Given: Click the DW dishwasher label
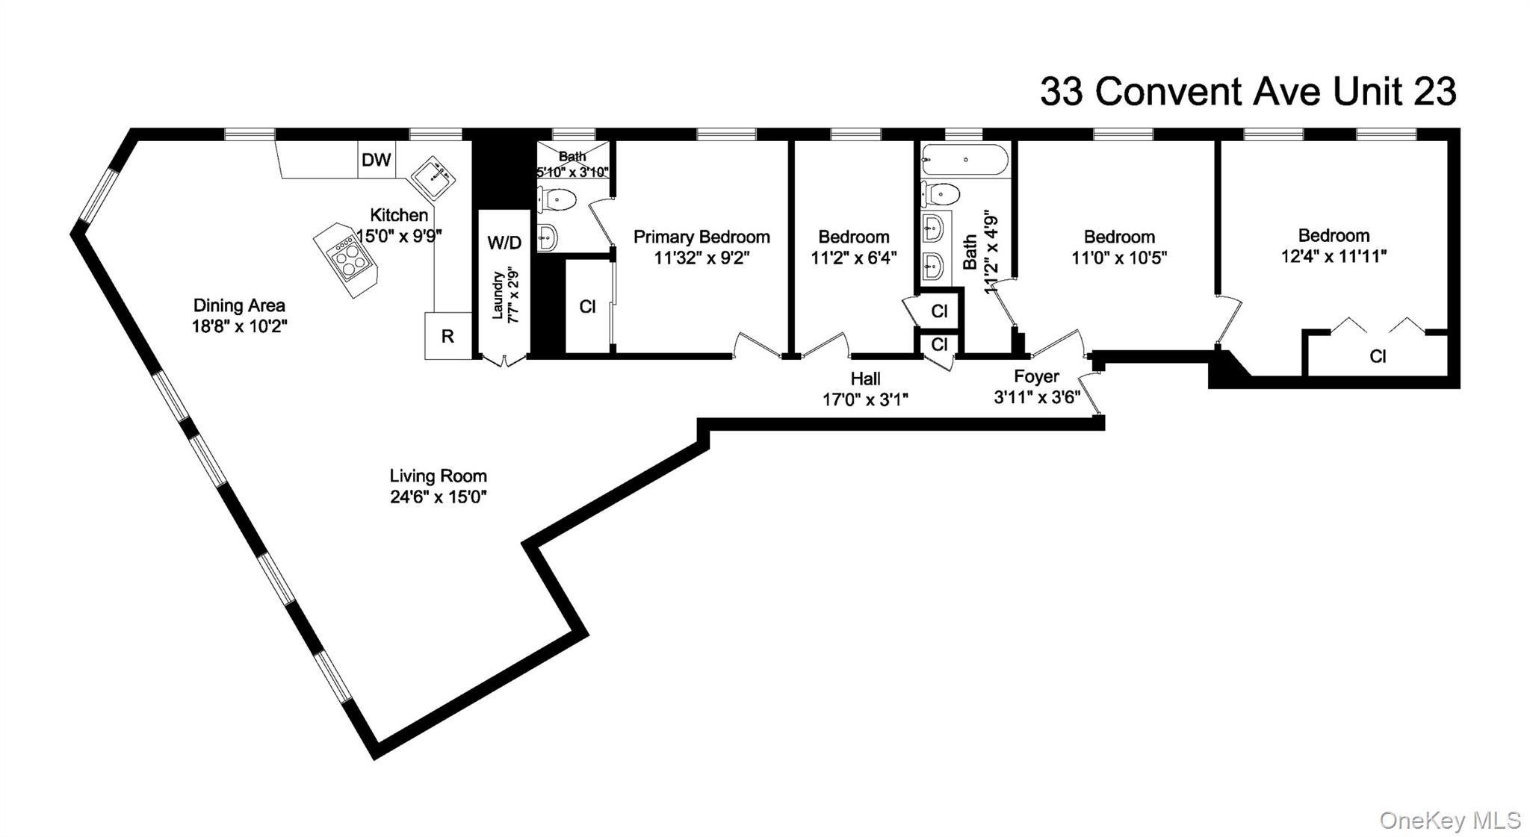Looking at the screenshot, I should [376, 160].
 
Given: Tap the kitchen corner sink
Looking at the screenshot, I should [434, 178].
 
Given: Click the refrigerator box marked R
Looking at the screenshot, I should [447, 336].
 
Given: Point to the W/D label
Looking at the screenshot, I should [504, 242].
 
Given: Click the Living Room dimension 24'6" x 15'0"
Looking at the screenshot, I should [438, 497].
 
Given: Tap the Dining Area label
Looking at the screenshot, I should [239, 305].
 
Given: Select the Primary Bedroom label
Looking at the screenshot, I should [701, 237].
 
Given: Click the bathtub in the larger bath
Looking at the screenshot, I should [965, 160].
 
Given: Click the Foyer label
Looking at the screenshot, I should [1036, 376].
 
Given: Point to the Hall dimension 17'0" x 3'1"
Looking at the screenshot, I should [865, 399].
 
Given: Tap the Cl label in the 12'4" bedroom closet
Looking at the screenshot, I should [1378, 357].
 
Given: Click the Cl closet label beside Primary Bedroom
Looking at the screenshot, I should [587, 307].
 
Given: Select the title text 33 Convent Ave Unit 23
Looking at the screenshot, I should [1248, 92].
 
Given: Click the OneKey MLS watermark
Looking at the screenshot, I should [1449, 820].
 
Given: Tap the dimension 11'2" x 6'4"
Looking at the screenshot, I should [853, 258].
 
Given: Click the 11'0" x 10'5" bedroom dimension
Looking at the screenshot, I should [1119, 258].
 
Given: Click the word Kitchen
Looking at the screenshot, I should [399, 215].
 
